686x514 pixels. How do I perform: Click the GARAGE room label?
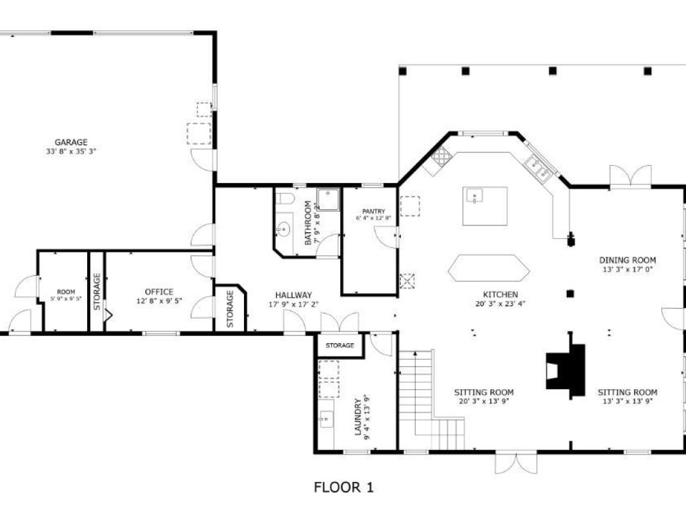pos(71,142)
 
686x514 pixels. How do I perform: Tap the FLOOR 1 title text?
pos(344,487)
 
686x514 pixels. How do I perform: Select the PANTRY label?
pos(373,211)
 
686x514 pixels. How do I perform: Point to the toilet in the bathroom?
pos(286,198)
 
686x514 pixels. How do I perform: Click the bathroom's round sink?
pos(284,229)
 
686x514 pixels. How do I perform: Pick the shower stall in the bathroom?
pos(328,200)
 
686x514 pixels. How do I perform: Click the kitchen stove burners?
pos(441,155)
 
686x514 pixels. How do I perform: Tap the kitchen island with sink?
pos(485,206)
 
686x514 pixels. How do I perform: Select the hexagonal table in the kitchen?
pos(489,268)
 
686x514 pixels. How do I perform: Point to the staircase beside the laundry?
pos(431,400)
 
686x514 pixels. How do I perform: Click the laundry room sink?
pos(325,419)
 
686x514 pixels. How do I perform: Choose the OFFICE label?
pos(159,291)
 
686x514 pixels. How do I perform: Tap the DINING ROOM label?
pos(627,260)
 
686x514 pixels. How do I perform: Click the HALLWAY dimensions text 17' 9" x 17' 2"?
pos(293,304)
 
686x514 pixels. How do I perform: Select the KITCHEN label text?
pos(500,294)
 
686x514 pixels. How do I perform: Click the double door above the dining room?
pos(630,177)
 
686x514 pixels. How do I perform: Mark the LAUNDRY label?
pos(358,417)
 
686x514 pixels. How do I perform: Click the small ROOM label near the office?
pos(66,291)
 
